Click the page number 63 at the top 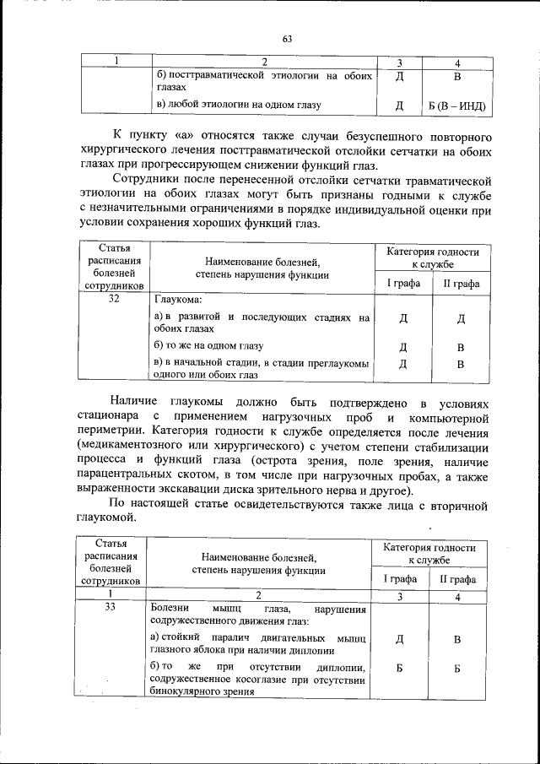pyautogui.click(x=287, y=39)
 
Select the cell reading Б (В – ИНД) pyautogui.click(x=456, y=106)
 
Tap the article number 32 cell pyautogui.click(x=114, y=300)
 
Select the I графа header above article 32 pyautogui.click(x=403, y=283)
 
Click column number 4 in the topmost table pyautogui.click(x=456, y=62)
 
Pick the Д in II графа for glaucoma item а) pyautogui.click(x=461, y=319)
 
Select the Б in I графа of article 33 pyautogui.click(x=402, y=669)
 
